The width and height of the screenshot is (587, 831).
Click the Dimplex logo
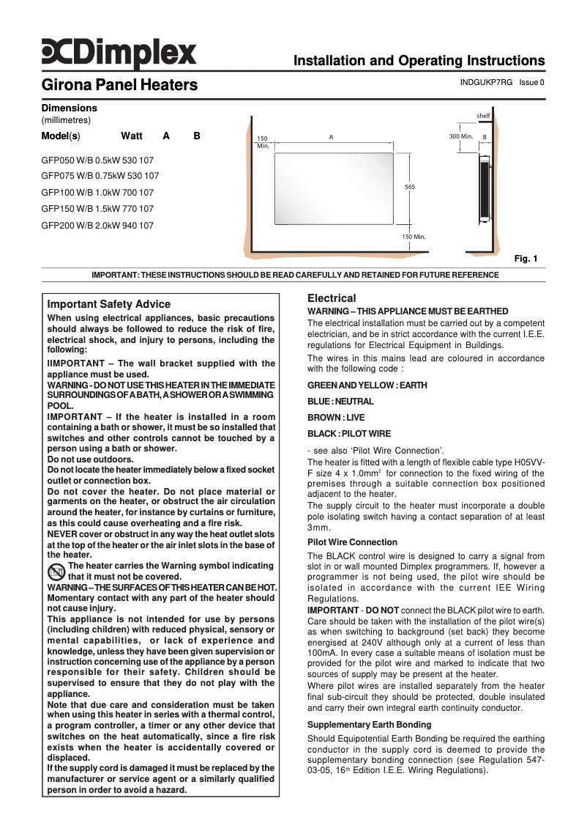pyautogui.click(x=119, y=53)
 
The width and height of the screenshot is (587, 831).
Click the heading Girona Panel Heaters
pyautogui.click(x=119, y=85)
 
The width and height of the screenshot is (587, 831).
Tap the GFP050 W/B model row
pyautogui.click(x=97, y=160)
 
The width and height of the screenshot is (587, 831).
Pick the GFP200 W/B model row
pyautogui.click(x=97, y=226)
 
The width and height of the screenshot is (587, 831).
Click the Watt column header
pyautogui.click(x=132, y=136)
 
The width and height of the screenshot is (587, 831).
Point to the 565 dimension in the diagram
pyautogui.click(x=410, y=188)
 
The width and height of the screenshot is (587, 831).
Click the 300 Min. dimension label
pyautogui.click(x=461, y=137)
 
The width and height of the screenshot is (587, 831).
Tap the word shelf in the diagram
pyautogui.click(x=483, y=116)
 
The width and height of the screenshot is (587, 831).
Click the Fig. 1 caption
pyautogui.click(x=526, y=259)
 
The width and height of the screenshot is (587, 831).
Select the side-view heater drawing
pyautogui.click(x=484, y=188)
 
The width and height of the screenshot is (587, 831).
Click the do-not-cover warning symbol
pyautogui.click(x=56, y=572)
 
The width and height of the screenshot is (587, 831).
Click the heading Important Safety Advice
pyautogui.click(x=109, y=304)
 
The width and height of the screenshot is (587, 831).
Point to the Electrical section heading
pyautogui.click(x=332, y=298)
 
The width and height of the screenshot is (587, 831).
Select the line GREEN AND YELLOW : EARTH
pyautogui.click(x=367, y=385)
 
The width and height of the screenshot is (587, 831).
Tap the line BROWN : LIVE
pyautogui.click(x=336, y=418)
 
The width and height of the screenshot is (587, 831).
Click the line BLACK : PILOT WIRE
pyautogui.click(x=348, y=434)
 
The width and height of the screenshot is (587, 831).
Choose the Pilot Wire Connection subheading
pyautogui.click(x=352, y=542)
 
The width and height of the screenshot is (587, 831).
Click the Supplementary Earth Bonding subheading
pyautogui.click(x=369, y=725)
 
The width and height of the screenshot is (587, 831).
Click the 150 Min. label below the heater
pyautogui.click(x=414, y=237)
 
